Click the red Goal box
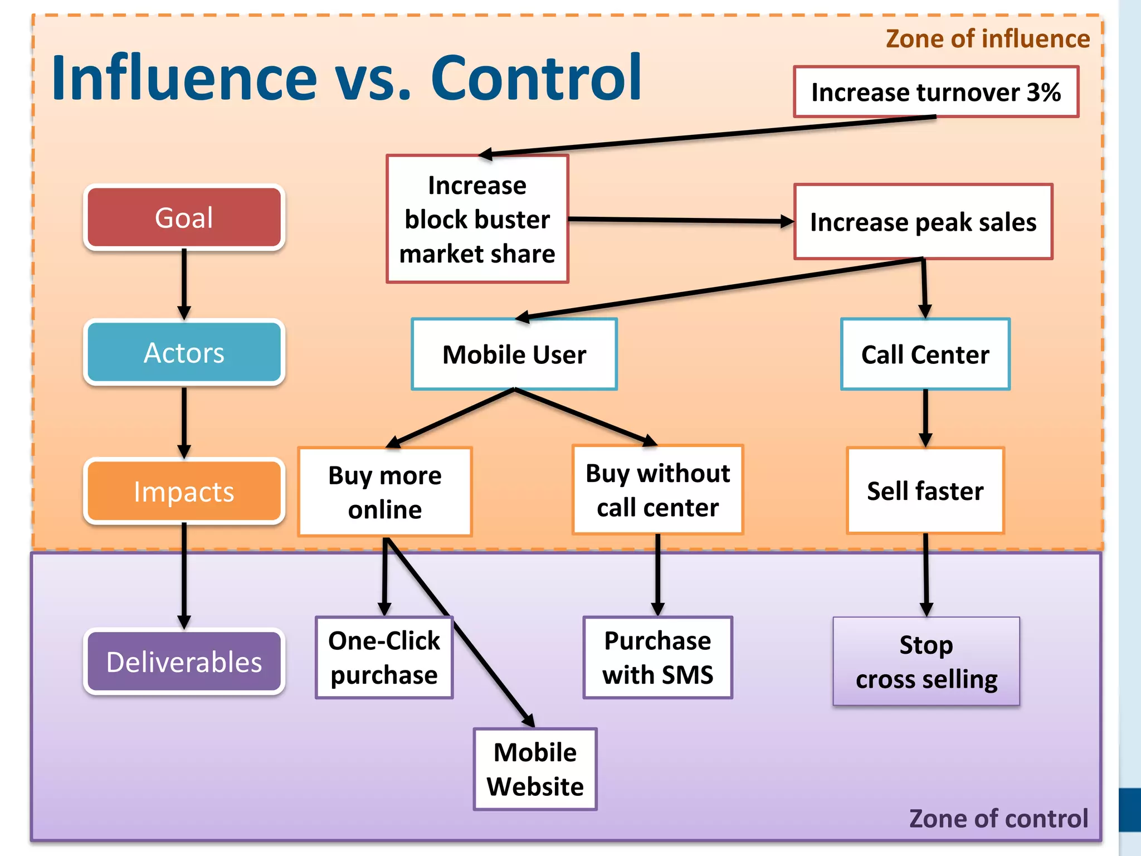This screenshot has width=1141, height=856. click(x=184, y=217)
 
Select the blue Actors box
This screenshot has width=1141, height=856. click(x=184, y=352)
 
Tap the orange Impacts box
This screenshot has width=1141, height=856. click(x=184, y=492)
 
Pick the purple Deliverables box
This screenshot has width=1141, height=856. click(x=184, y=662)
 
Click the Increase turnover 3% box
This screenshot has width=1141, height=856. click(x=936, y=92)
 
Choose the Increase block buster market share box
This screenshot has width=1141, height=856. click(x=477, y=219)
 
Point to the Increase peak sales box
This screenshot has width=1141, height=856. click(x=923, y=222)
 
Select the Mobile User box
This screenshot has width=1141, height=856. click(x=514, y=354)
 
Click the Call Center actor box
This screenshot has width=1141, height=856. click(x=925, y=354)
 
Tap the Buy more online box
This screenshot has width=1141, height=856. click(x=385, y=492)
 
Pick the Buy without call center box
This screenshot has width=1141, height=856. click(x=657, y=490)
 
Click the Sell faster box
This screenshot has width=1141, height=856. click(x=925, y=490)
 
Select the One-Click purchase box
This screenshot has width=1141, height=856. click(x=384, y=658)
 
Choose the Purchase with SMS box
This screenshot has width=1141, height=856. click(x=657, y=658)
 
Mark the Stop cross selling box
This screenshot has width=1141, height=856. click(x=927, y=662)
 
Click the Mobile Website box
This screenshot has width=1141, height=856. click(x=535, y=769)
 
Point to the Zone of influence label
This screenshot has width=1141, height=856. click(x=988, y=39)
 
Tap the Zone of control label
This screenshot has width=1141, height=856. click(x=998, y=819)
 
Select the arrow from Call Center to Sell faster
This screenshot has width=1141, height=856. click(x=925, y=418)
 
